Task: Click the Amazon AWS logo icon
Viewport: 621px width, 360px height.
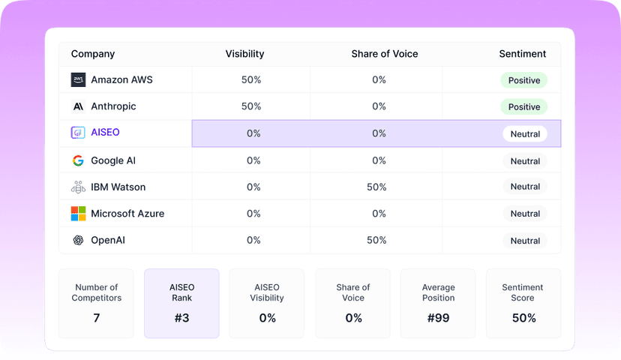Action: [78, 79]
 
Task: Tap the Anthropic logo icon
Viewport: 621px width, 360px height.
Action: [78, 106]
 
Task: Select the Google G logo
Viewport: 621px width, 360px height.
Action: [78, 160]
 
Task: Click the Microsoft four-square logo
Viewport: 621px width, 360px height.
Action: [78, 214]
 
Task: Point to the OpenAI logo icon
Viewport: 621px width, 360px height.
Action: [78, 240]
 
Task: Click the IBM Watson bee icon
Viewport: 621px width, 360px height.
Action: [78, 187]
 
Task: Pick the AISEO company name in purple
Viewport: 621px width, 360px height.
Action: [105, 132]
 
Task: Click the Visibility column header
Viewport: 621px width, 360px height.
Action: [244, 54]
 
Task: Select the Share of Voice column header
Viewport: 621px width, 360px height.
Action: [385, 54]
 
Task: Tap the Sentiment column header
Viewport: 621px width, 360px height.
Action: [523, 54]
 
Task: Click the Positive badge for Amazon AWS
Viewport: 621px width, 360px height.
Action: [524, 80]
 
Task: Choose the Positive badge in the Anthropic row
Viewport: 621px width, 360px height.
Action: [524, 107]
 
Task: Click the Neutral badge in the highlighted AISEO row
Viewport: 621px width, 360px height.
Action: [525, 133]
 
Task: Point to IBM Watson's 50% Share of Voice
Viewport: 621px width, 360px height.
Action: [376, 187]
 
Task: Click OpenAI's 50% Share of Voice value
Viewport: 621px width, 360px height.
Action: [376, 240]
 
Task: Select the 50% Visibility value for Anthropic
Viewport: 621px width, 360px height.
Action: [251, 106]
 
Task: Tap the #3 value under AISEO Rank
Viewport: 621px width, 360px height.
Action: [181, 318]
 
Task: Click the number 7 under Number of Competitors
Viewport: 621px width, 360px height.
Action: [96, 318]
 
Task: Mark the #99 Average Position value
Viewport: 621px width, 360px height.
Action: [439, 318]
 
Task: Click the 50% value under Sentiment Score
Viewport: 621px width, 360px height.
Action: [524, 318]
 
